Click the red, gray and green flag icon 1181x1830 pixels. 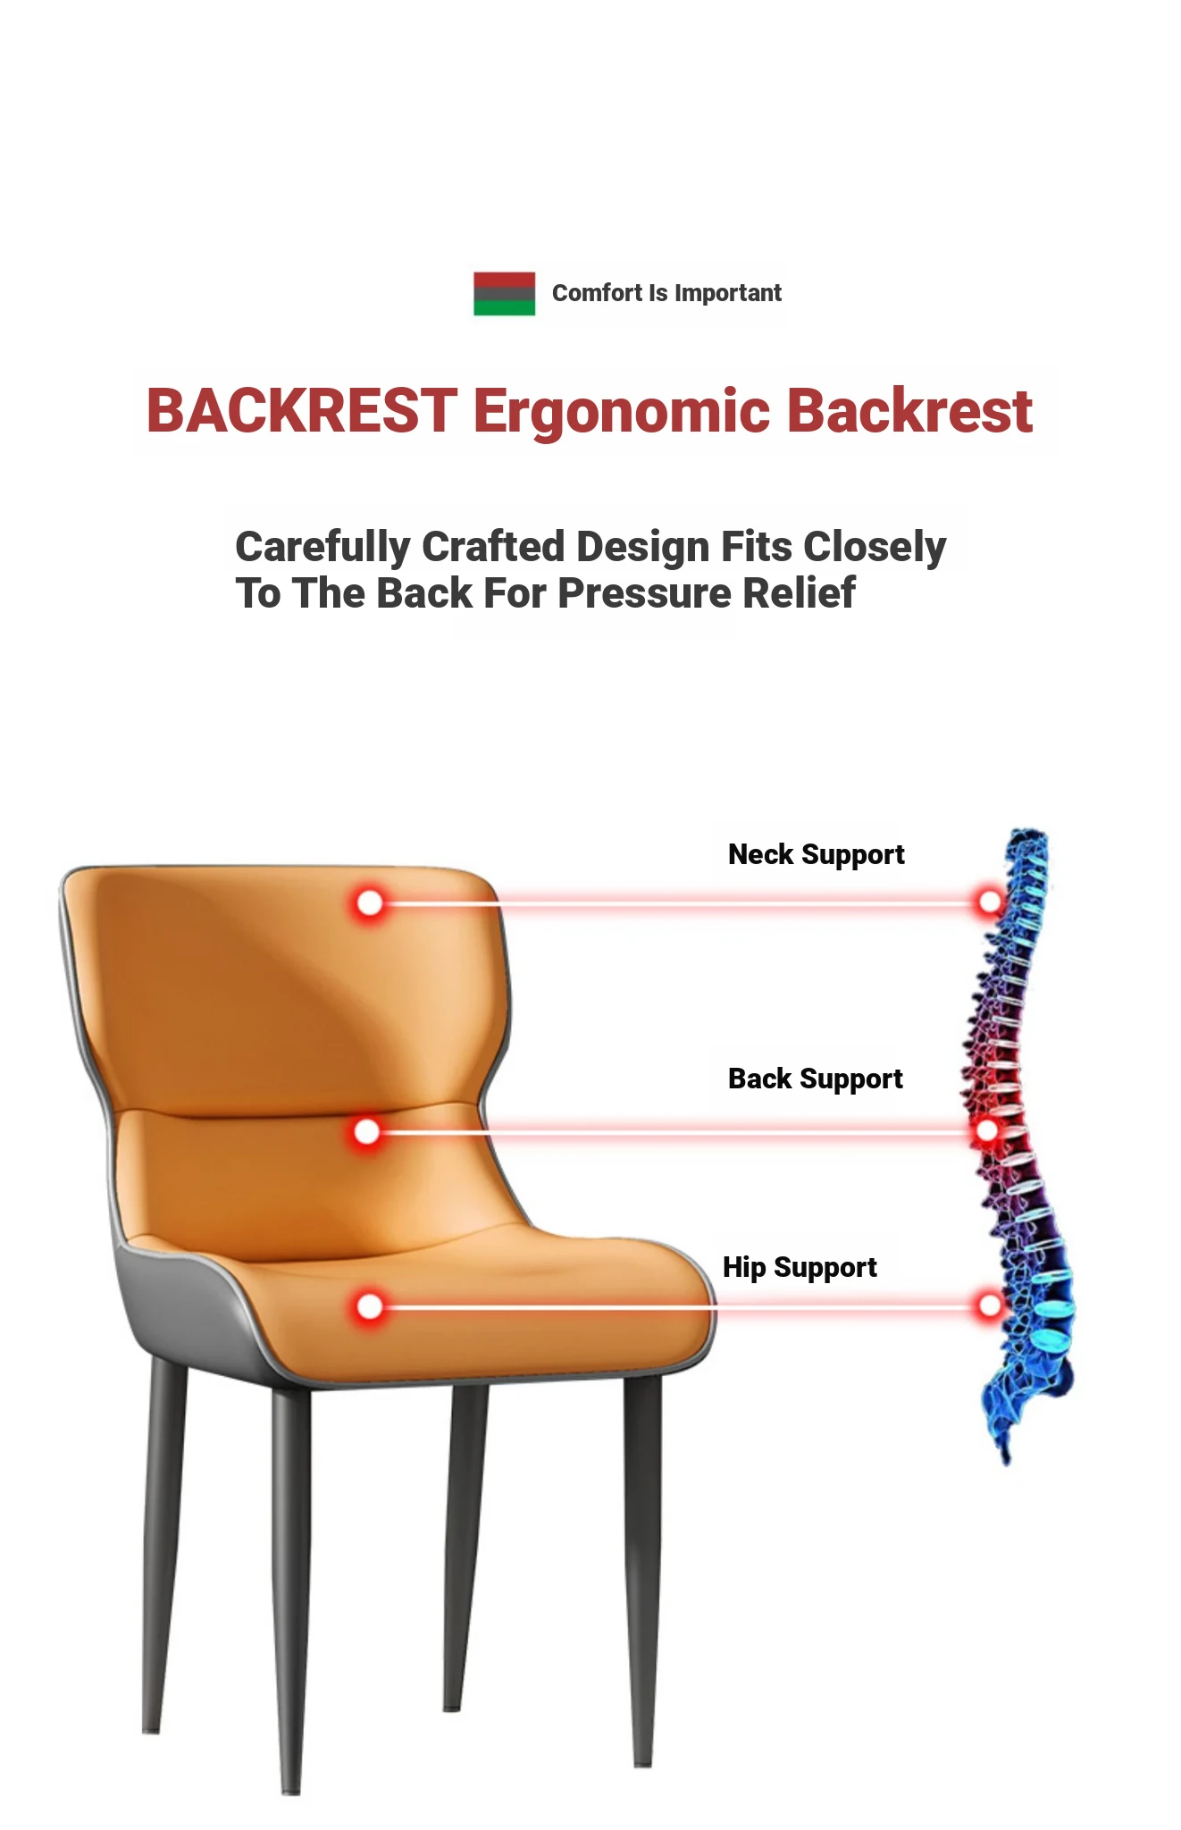[x=504, y=293]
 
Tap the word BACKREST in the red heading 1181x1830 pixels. [x=302, y=411]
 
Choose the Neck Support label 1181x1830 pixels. [x=817, y=855]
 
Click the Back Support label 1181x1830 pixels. [x=816, y=1079]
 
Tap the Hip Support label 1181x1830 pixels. [x=800, y=1268]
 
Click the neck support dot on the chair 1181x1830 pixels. [x=369, y=903]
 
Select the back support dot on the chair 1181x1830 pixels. [x=366, y=1132]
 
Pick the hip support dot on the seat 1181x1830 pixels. [x=369, y=1307]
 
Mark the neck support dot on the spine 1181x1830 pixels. [x=990, y=902]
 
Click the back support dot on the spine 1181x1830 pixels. [x=987, y=1130]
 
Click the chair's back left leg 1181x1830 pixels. [x=164, y=1546]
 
